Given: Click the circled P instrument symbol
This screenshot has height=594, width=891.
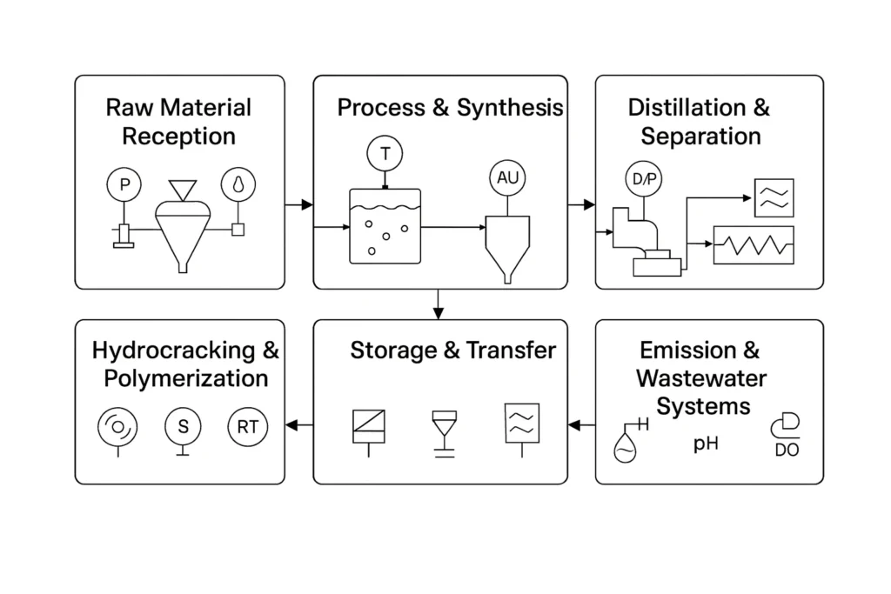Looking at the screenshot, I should point(124,184).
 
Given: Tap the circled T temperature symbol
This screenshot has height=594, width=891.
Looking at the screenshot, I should point(385,155).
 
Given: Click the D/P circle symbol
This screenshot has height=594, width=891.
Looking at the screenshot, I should point(643,180).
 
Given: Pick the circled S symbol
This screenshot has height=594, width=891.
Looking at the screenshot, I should point(183,426).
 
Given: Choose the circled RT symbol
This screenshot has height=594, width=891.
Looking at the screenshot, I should point(248,426).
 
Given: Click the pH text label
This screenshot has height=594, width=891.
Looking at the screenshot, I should point(706,444).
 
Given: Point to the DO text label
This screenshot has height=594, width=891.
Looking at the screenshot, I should point(787,450).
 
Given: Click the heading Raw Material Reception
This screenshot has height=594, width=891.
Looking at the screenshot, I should point(178,122).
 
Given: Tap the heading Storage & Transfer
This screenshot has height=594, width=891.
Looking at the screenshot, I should point(452,350).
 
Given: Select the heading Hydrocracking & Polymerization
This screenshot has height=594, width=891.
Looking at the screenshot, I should point(185,364).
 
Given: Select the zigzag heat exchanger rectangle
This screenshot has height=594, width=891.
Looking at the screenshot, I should point(754,244).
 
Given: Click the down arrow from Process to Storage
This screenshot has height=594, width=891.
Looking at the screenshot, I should point(439,304).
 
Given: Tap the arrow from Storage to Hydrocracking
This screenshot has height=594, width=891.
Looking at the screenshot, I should point(299,424).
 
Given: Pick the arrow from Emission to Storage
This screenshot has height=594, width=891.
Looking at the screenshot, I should point(580,424).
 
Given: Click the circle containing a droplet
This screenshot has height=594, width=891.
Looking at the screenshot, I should point(237,184).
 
